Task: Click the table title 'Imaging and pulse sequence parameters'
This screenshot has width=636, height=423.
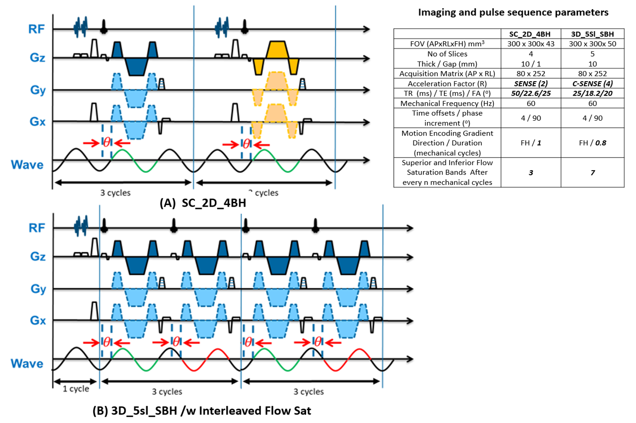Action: (x=513, y=12)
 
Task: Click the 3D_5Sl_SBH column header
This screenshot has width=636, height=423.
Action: (x=592, y=34)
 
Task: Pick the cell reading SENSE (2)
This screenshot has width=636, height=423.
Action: (x=531, y=83)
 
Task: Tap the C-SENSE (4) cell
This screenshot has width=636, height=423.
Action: (x=592, y=83)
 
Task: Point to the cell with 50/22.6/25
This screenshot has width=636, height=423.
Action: (x=531, y=93)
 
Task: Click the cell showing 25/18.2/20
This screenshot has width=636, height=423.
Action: (x=592, y=93)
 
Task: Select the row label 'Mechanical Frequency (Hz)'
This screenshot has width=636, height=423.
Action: (x=447, y=103)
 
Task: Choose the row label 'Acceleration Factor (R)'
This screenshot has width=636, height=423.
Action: (x=447, y=83)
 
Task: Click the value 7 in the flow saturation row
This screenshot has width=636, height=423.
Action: (x=593, y=172)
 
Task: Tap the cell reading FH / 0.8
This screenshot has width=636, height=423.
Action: (x=592, y=143)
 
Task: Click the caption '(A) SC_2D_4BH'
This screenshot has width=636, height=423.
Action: (x=203, y=203)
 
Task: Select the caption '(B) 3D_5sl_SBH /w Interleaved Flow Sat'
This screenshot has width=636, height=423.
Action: (x=202, y=411)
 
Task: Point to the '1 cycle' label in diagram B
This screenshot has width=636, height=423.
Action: (x=75, y=389)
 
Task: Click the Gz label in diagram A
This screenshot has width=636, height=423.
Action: (x=37, y=57)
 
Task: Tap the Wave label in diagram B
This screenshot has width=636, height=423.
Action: (x=27, y=363)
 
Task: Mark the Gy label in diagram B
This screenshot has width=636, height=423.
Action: (x=38, y=289)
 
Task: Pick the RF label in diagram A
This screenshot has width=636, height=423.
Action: (x=36, y=29)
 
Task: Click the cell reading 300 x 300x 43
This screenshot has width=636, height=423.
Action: (x=531, y=44)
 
